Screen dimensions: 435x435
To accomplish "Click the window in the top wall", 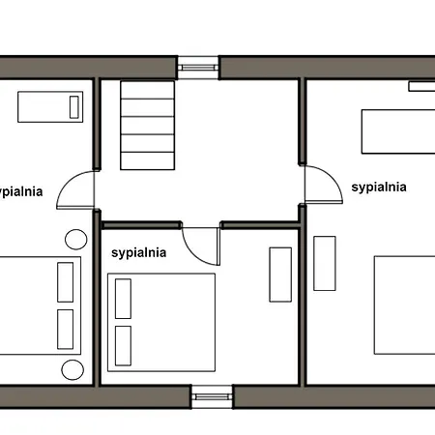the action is pos(198,68).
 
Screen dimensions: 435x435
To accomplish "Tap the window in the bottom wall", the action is pos(212,396).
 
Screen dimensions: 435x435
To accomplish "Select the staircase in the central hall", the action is pos(148,126).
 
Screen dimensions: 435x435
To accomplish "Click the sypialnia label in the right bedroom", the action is pos(379,188).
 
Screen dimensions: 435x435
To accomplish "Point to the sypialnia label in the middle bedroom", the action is pos(139,253).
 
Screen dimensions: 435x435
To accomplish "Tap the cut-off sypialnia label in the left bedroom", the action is pos(21,191).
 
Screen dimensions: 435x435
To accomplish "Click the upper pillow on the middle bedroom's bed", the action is pos(123,299).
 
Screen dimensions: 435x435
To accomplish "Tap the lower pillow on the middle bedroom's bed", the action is pos(123,346).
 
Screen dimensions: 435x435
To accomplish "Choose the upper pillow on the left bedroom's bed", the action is pos(66,282).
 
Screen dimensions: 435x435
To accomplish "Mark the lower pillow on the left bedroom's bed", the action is pos(66,330).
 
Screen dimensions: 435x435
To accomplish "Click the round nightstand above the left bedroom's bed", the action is pos(76,240).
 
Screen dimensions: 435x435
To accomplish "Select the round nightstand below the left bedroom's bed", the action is pos(72,370).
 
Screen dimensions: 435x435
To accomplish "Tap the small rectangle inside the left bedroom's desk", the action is pos(74,107).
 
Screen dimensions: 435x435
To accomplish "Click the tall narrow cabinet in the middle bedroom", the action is pos(280,275).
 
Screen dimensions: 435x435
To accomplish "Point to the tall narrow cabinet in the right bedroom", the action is pos(325,263).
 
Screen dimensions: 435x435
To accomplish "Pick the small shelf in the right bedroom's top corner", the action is pos(421,86).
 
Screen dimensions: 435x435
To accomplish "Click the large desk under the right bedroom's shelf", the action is pos(398,131).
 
